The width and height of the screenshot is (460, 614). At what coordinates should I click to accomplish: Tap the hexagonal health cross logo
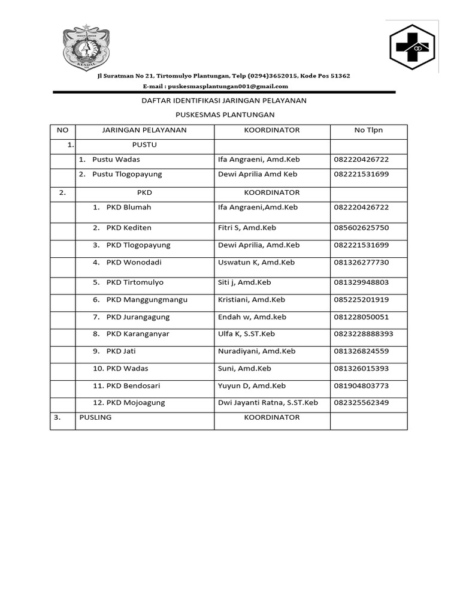[413, 46]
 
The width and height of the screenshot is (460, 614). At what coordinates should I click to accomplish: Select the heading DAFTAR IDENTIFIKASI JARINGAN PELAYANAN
[223, 101]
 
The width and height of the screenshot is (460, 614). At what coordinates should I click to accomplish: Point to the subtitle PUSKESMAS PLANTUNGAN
[225, 115]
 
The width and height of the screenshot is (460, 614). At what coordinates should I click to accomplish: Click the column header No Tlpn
[368, 130]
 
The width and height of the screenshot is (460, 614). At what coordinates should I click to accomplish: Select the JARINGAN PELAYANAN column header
[144, 130]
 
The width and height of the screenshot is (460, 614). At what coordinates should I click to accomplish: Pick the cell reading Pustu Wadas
[116, 159]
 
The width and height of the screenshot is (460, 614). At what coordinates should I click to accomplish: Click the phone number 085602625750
[361, 228]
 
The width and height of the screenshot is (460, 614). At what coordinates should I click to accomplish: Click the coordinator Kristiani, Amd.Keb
[252, 300]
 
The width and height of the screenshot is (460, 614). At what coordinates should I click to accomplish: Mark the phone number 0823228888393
[364, 334]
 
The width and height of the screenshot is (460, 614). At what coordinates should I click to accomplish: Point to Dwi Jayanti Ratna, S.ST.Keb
[268, 403]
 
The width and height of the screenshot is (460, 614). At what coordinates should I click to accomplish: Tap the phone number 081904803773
[361, 386]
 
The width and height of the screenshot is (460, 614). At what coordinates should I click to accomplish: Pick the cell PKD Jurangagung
[138, 317]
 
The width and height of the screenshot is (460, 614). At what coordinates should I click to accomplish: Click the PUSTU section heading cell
[144, 145]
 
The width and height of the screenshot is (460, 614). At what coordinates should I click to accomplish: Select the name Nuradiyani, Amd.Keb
[256, 351]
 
